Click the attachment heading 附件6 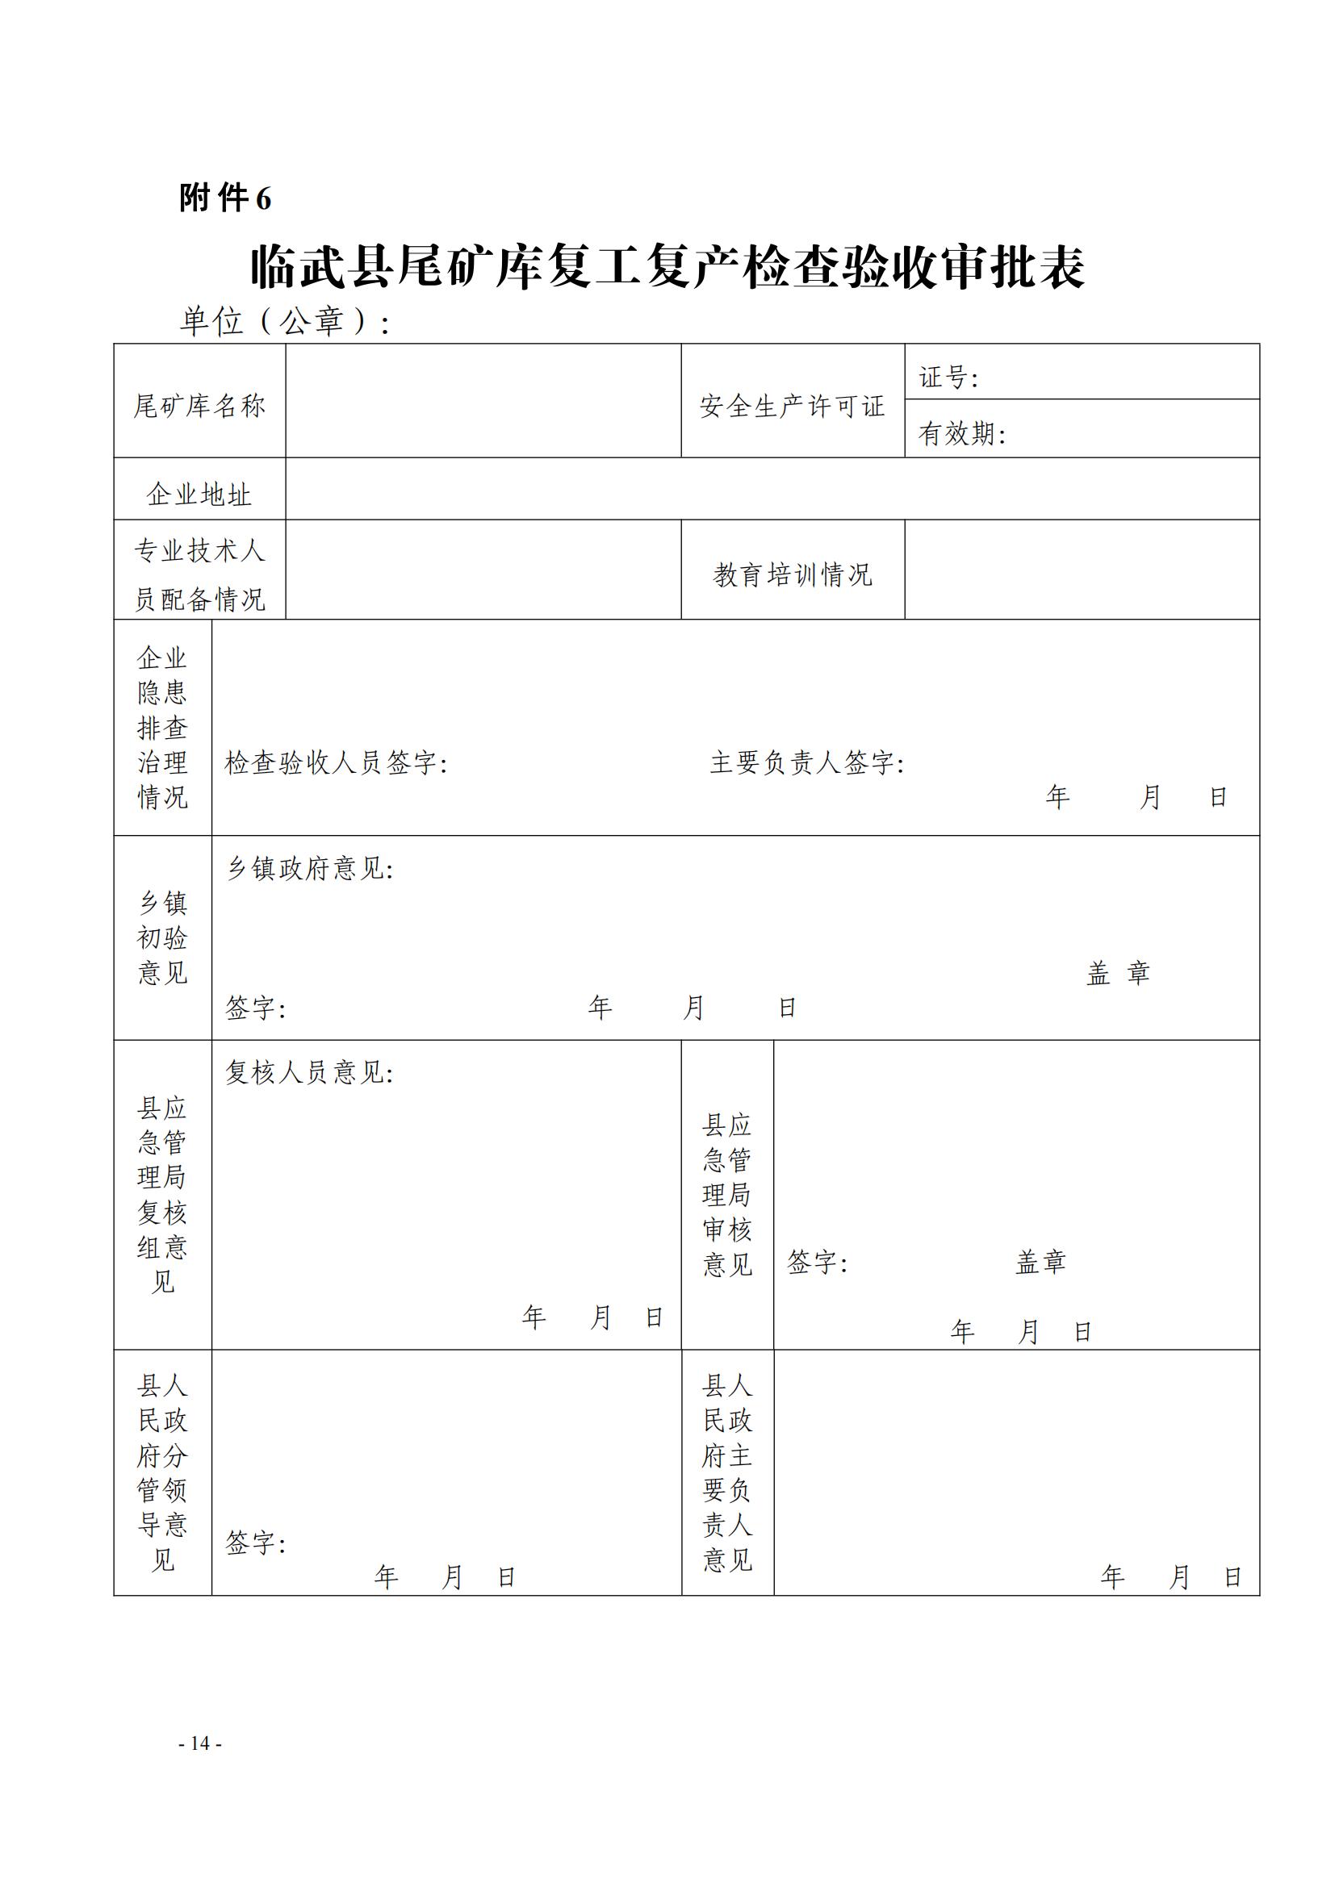(225, 198)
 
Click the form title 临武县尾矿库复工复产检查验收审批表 (667, 267)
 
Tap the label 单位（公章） (283, 321)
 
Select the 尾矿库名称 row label (199, 406)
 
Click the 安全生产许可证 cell (792, 406)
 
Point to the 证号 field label (948, 378)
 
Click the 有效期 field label (961, 433)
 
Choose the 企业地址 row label (199, 495)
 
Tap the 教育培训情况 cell (792, 574)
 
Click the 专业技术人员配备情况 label (199, 574)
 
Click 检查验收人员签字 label (336, 762)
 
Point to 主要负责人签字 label (806, 762)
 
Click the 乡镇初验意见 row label (163, 937)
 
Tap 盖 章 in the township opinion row (1117, 973)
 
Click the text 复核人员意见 (309, 1071)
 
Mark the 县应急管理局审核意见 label (726, 1194)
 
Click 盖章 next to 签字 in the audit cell (1040, 1262)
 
